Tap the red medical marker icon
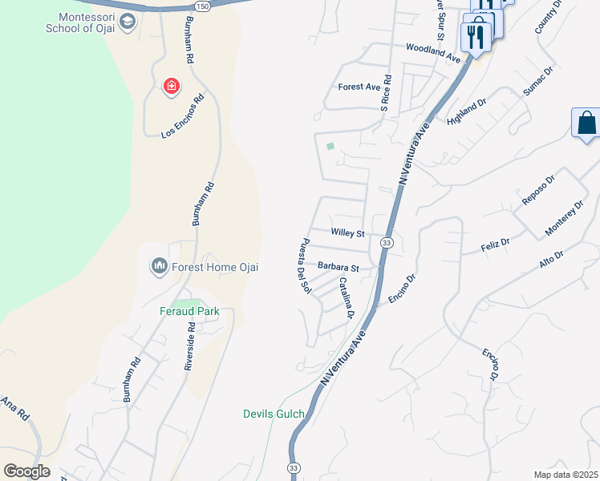tap(171, 86)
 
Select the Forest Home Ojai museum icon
tap(159, 265)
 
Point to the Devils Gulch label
tap(274, 414)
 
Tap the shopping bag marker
tap(586, 124)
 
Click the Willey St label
tap(348, 233)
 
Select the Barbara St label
tap(338, 266)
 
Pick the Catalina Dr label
tap(346, 297)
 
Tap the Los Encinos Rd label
tap(183, 117)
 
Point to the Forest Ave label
tap(359, 87)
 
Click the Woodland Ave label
tap(433, 53)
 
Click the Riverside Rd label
tap(190, 346)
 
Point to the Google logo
tap(27, 471)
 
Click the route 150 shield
tap(203, 6)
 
